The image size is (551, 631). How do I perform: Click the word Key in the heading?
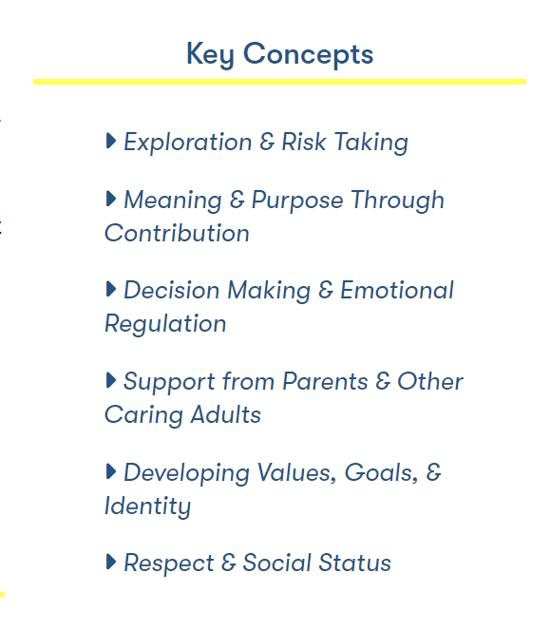210,55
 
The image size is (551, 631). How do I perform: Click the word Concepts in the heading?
308,54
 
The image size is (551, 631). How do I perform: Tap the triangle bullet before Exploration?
110,141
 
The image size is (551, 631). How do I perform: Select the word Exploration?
188,142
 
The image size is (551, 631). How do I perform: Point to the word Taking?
371,143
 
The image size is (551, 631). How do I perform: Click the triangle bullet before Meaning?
110,199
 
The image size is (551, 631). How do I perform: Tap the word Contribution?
177,233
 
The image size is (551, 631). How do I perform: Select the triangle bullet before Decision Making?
110,289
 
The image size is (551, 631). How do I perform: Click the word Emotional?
397,290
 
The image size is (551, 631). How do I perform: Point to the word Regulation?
165,324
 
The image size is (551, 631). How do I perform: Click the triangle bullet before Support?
110,380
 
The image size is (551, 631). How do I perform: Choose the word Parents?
325,381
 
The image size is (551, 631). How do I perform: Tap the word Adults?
226,414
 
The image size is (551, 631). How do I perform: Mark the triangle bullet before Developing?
110,471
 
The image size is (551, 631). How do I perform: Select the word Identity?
147,507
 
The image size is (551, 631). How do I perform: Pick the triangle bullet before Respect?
110,562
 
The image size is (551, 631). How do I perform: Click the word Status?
354,563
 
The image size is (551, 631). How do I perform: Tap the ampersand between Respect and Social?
228,563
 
